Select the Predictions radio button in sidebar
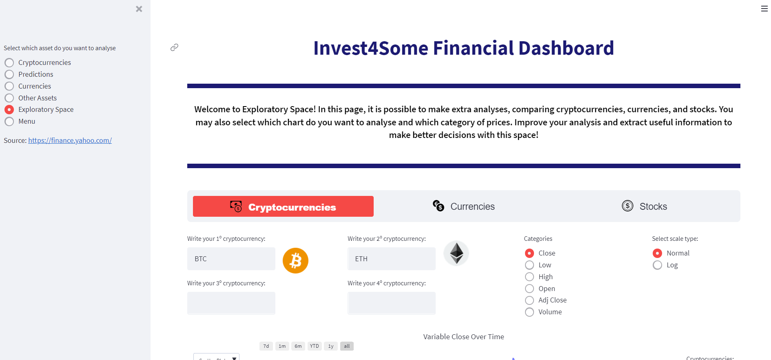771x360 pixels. (9, 74)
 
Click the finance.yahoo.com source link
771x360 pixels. (70, 140)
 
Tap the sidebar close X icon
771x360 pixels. (139, 9)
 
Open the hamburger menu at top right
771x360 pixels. (764, 9)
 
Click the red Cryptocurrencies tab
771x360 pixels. (283, 207)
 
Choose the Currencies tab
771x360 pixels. (464, 207)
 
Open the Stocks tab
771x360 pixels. (645, 207)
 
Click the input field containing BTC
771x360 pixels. (231, 259)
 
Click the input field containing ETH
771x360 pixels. (391, 259)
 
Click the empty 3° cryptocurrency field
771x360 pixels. (231, 303)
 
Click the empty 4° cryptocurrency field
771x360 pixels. (391, 303)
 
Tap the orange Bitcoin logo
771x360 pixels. (295, 260)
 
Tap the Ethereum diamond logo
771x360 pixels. (456, 253)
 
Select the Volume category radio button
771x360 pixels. (530, 312)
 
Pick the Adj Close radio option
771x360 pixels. (530, 300)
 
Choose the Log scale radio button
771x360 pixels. (658, 265)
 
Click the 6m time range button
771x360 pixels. (298, 346)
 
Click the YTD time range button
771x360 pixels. (314, 346)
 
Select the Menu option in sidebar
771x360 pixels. (9, 121)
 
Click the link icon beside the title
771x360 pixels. (174, 47)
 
